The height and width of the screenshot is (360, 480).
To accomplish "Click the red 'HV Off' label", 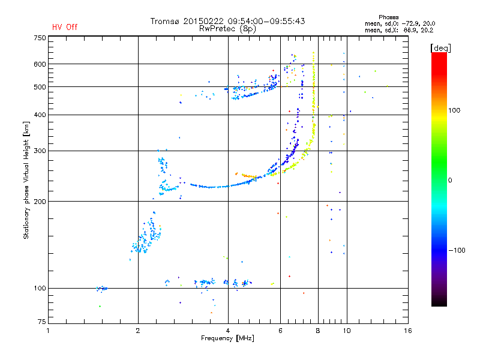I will click(x=65, y=27).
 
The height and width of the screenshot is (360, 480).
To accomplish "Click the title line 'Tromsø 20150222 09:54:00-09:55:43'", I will click(x=227, y=21).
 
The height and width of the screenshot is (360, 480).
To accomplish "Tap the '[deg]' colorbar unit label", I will click(x=441, y=47).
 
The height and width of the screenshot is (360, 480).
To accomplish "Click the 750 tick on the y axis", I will click(x=40, y=38).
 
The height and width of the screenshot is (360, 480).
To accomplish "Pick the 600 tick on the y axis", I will click(x=40, y=64).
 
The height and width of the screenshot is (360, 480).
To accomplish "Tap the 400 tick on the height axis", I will click(x=40, y=115).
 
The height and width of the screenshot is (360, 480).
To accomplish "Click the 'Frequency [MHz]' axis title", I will click(x=227, y=338).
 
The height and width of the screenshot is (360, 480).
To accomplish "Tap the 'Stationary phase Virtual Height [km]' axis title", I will click(x=26, y=180).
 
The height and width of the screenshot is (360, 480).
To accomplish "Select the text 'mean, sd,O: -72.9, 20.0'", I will click(x=391, y=23).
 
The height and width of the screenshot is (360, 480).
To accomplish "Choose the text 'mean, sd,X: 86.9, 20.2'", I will click(x=391, y=29).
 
